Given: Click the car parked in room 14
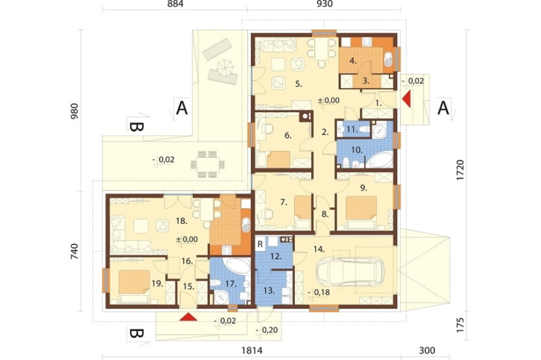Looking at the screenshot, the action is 349,272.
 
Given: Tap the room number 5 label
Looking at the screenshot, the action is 299,84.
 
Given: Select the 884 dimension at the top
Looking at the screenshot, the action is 175,4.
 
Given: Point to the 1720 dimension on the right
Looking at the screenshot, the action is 460,170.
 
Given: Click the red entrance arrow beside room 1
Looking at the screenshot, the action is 407,98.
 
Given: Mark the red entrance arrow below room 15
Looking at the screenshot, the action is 188,317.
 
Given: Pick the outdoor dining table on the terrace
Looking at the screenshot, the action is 208,164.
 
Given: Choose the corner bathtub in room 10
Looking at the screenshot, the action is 379,161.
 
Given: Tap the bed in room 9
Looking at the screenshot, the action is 361,212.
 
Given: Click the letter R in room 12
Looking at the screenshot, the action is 260,244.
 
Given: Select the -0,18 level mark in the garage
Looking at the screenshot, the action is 319,292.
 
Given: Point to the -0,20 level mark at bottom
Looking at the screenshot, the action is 267,330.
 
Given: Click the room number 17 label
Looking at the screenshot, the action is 231,284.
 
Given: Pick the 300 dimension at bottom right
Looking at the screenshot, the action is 427,351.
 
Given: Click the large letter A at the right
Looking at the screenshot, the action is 444,108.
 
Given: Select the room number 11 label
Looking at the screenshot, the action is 351,129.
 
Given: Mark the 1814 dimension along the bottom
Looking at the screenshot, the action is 252,351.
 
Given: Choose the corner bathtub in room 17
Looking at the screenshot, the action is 236,266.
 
